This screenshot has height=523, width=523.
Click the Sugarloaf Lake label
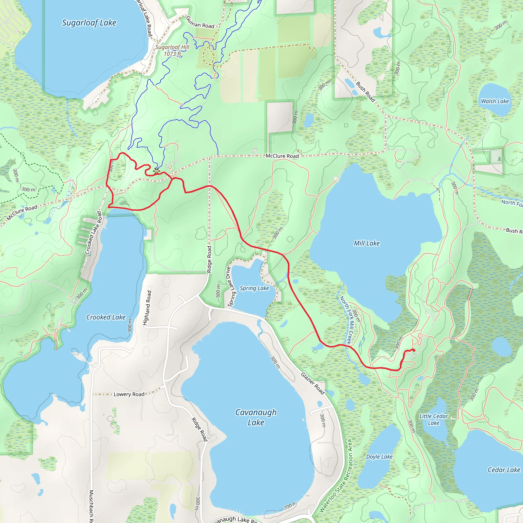pos(89,23)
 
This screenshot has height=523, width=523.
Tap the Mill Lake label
pos(366,243)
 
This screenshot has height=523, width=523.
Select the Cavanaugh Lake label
pos(256,417)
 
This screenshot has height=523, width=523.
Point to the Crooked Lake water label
pos(106,317)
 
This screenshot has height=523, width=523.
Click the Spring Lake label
pos(254,288)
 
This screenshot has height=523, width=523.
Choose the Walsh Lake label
pos(495,101)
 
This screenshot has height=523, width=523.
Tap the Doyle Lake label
pos(379,457)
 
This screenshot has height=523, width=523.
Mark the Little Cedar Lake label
pos(433,420)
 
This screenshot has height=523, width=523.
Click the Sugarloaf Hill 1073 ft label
pos(172,50)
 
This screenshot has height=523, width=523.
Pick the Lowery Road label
pos(129,394)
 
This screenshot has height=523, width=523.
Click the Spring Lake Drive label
pos(229,287)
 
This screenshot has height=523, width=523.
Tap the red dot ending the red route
pos(414,350)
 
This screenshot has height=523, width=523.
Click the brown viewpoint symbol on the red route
pos(157,171)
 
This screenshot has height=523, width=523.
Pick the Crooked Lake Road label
pos(94,233)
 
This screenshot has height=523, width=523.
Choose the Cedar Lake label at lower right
pos(504,470)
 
